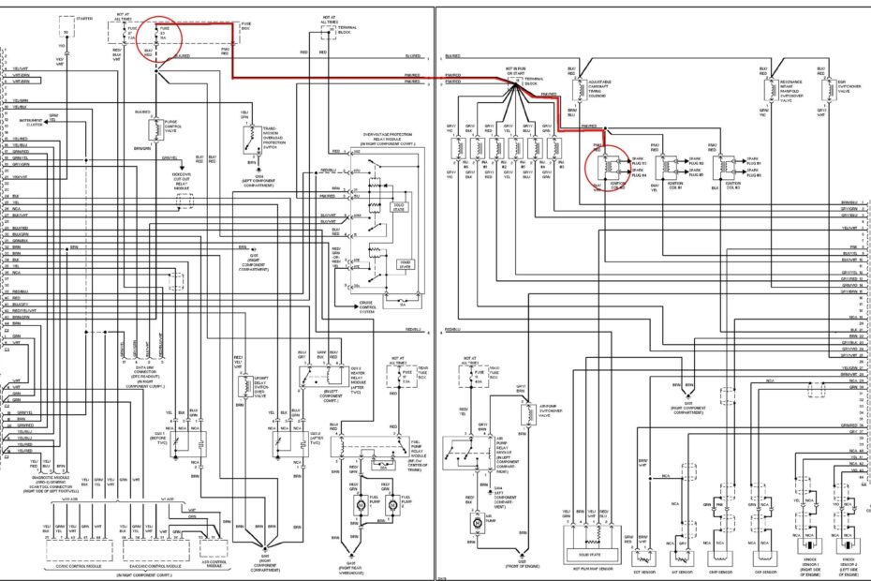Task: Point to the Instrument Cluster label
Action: point(31,121)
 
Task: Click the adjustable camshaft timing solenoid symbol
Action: point(572,90)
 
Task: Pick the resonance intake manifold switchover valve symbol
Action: point(759,90)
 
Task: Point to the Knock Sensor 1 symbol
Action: point(806,543)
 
